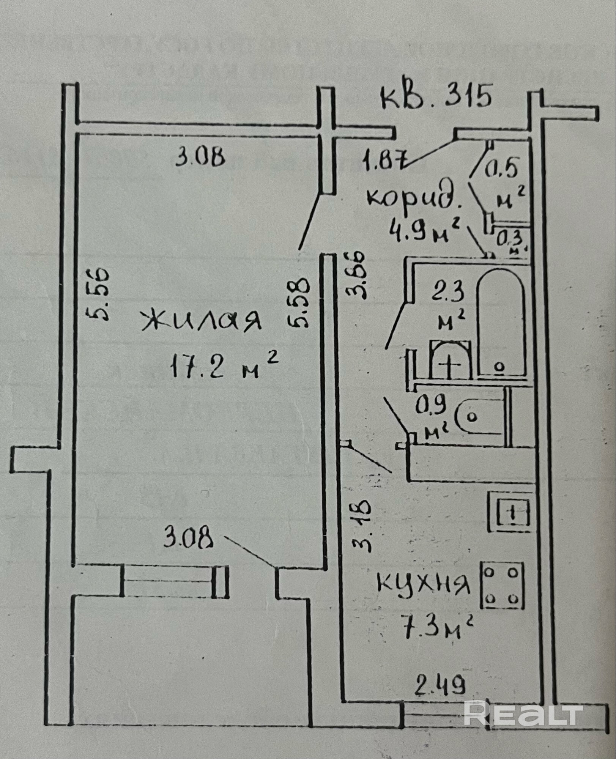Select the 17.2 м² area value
point(224,364)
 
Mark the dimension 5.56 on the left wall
point(97,294)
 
